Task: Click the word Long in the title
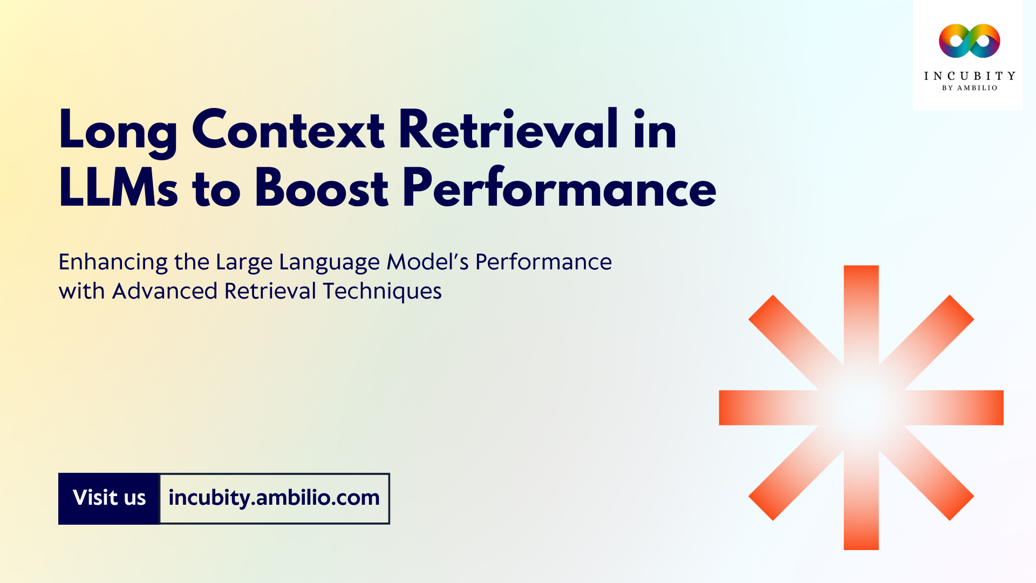pyautogui.click(x=118, y=131)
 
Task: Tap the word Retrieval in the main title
pyautogui.click(x=508, y=130)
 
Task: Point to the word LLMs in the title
pyautogui.click(x=118, y=188)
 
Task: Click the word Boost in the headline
pyautogui.click(x=322, y=188)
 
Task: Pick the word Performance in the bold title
pyautogui.click(x=559, y=188)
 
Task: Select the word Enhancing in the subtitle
pyautogui.click(x=113, y=262)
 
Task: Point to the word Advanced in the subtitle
pyautogui.click(x=165, y=291)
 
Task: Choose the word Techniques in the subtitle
pyautogui.click(x=382, y=291)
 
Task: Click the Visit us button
pyautogui.click(x=109, y=498)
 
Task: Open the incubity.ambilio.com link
pyautogui.click(x=274, y=498)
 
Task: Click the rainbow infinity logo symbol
pyautogui.click(x=969, y=41)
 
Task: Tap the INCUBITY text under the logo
pyautogui.click(x=970, y=76)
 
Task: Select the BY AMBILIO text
pyautogui.click(x=970, y=88)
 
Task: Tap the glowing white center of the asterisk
pyautogui.click(x=861, y=408)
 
